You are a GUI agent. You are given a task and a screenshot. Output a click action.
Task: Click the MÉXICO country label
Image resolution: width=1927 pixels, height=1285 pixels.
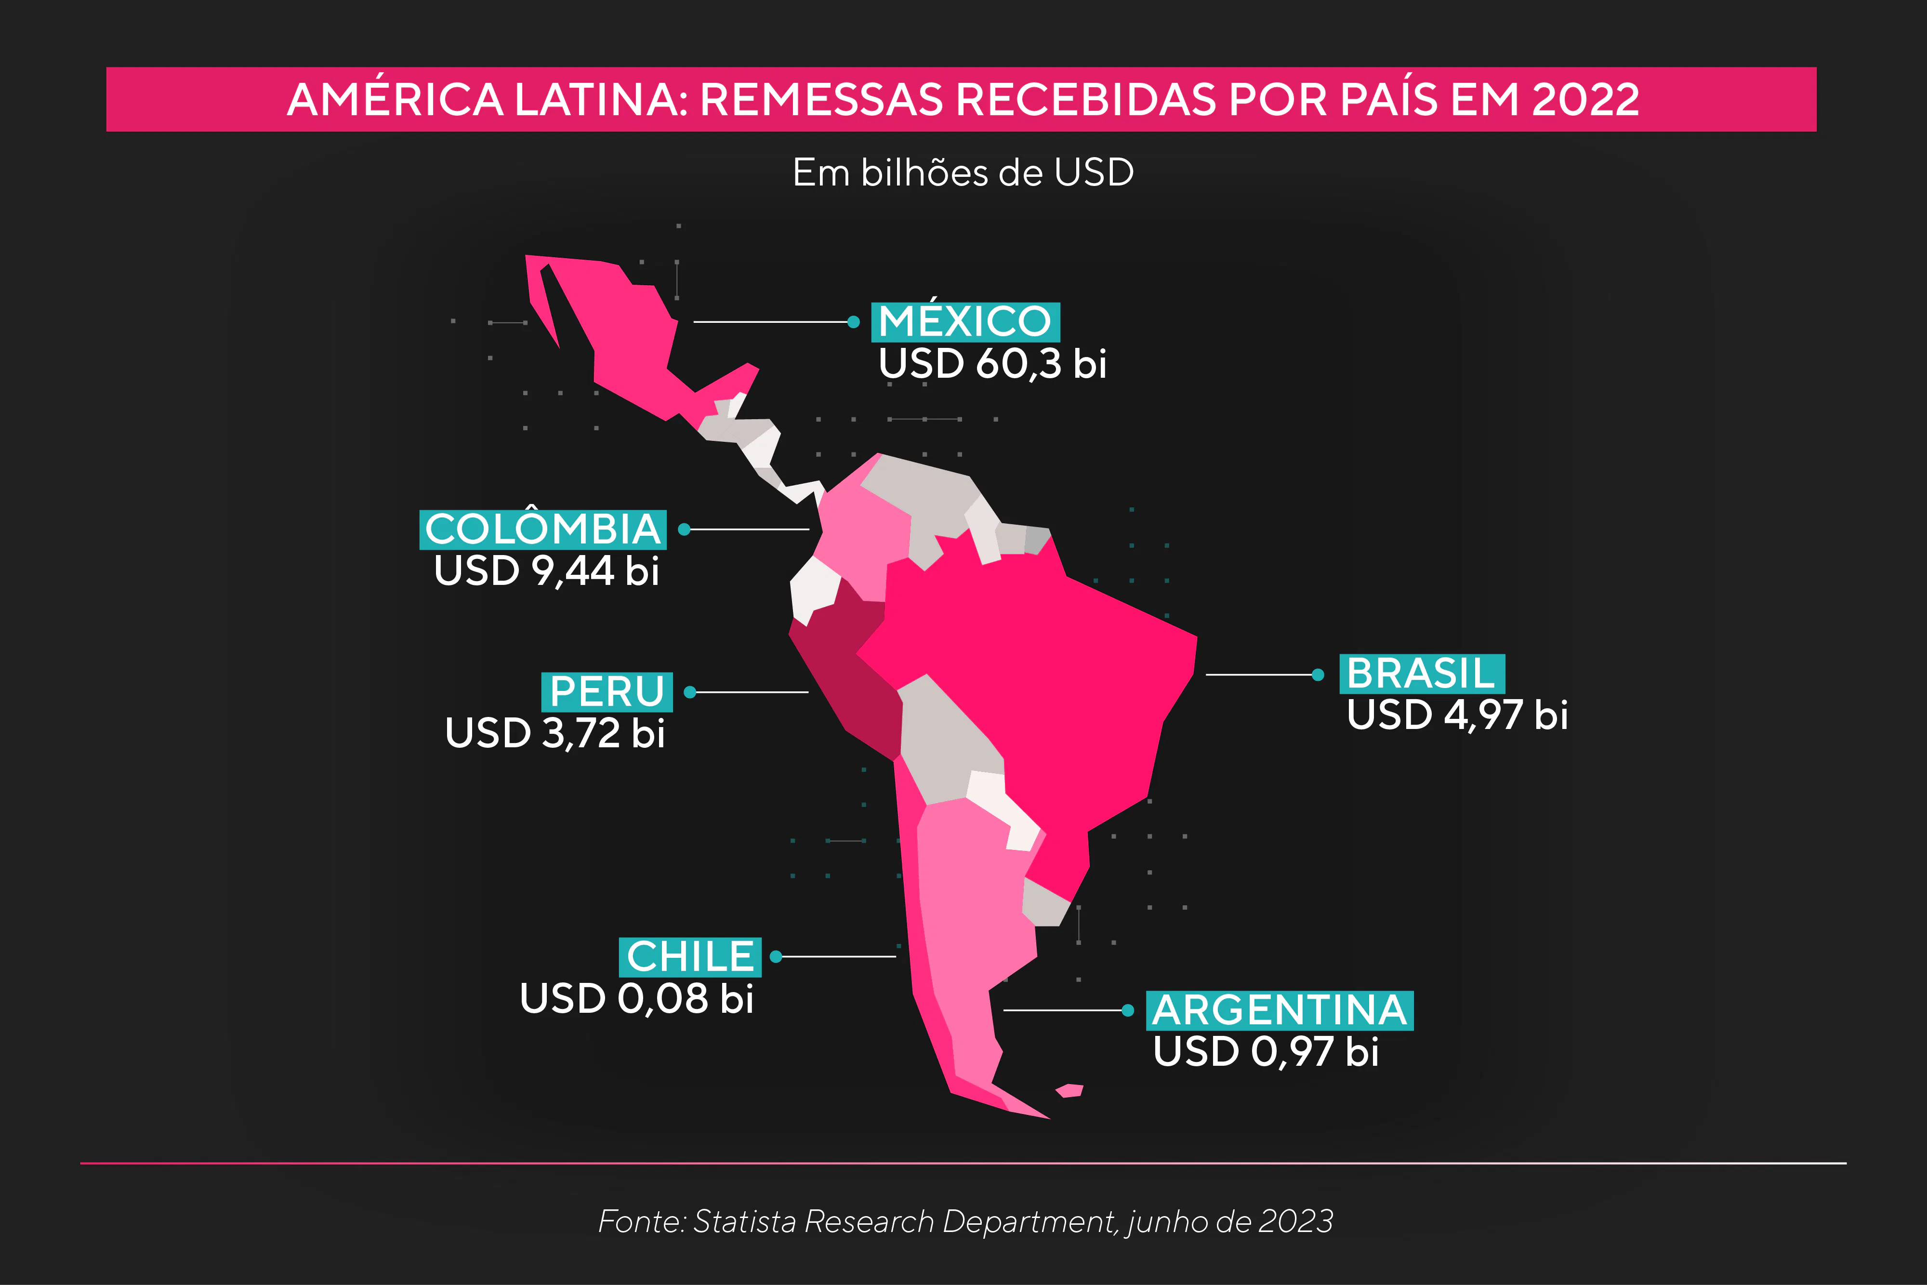coord(964,321)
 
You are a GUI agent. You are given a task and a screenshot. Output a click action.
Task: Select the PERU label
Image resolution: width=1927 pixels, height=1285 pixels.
coord(607,692)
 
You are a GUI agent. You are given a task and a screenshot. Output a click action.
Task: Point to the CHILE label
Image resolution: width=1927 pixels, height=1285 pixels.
coord(689,956)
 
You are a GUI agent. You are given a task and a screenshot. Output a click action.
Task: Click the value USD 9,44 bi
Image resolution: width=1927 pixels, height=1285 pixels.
coord(546,571)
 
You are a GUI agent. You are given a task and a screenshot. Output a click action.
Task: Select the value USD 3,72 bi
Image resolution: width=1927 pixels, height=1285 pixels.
coord(554,733)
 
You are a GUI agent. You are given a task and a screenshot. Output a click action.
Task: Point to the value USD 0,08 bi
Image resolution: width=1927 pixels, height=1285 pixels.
coord(636,998)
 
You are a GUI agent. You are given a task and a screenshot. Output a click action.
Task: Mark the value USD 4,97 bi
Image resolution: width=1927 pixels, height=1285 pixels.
coord(1457,715)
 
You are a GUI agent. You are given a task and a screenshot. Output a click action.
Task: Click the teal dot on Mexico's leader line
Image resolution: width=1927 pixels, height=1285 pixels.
coord(854,322)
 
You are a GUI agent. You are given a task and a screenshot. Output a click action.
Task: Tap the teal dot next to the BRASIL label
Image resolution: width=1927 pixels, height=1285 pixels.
coord(1318,675)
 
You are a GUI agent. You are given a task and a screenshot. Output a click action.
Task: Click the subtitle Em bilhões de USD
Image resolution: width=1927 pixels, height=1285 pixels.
coord(963,173)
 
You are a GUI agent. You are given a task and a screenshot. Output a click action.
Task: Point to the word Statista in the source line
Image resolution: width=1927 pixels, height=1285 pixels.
coord(744,1221)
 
